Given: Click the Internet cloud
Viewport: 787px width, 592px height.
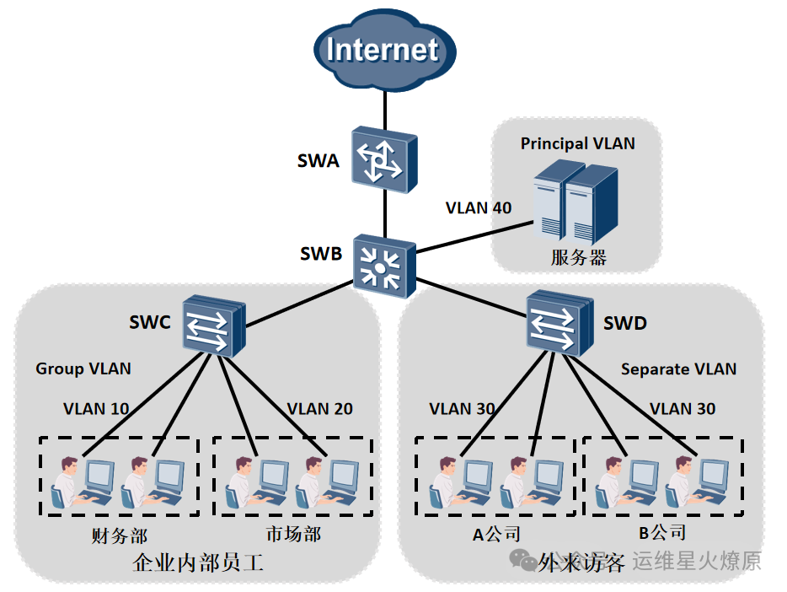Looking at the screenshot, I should pyautogui.click(x=383, y=50).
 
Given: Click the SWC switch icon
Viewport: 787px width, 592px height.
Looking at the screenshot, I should pyautogui.click(x=212, y=324).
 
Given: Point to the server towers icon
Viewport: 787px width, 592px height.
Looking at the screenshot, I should pyautogui.click(x=576, y=202).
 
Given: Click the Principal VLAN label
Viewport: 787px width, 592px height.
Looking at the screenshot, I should pyautogui.click(x=577, y=143).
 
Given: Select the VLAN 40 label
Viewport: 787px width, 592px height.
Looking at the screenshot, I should pyautogui.click(x=478, y=207).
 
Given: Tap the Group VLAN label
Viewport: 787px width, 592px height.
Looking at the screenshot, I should pyautogui.click(x=83, y=369).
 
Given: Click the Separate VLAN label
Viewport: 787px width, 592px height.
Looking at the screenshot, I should pyautogui.click(x=678, y=369).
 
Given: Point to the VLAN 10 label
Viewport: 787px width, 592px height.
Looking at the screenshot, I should pyautogui.click(x=96, y=409).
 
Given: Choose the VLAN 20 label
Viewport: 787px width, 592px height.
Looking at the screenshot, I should pyautogui.click(x=319, y=409).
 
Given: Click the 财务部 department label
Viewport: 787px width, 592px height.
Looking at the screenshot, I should pyautogui.click(x=119, y=535).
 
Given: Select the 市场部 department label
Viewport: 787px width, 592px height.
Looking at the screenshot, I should pyautogui.click(x=293, y=535).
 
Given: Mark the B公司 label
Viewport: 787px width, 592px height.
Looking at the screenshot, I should pyautogui.click(x=662, y=532).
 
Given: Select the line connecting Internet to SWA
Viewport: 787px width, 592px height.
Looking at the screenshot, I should pyautogui.click(x=384, y=106).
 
